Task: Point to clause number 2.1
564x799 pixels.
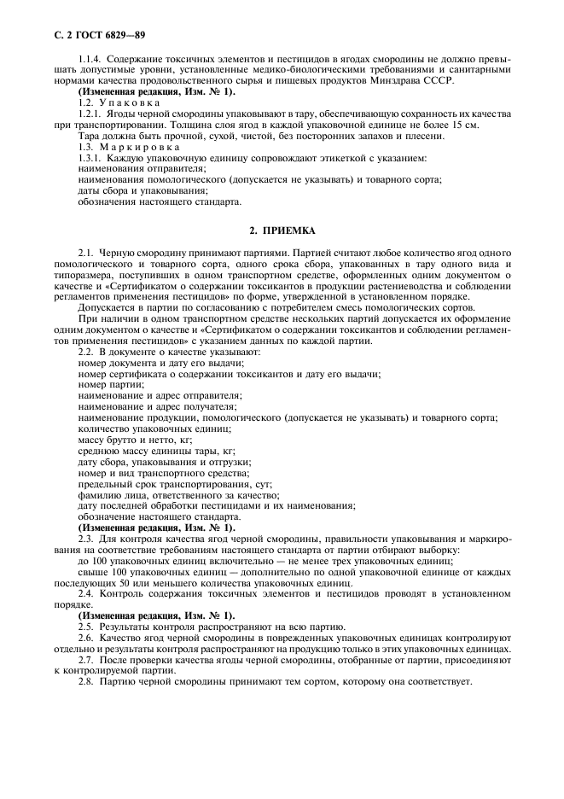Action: pos(87,254)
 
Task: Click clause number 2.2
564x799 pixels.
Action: pos(87,352)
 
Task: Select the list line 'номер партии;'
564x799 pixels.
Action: pos(106,384)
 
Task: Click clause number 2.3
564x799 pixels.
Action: pos(87,539)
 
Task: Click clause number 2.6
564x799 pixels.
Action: pos(87,638)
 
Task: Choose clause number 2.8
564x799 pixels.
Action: pos(87,682)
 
